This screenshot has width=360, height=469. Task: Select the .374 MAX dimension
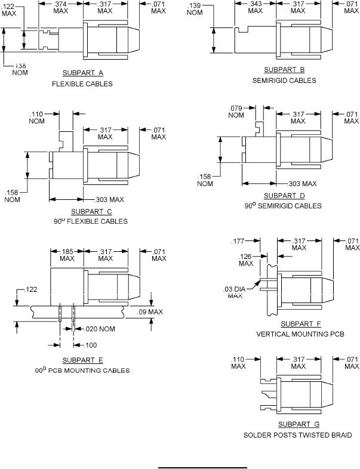(61, 7)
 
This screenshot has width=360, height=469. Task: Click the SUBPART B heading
(285, 70)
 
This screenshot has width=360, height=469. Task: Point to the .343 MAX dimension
(256, 7)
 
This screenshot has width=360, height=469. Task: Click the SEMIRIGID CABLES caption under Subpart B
(285, 81)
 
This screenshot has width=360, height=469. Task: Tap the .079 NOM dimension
(237, 112)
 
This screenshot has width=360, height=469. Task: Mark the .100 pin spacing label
(90, 345)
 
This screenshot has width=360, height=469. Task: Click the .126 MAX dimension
(246, 260)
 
